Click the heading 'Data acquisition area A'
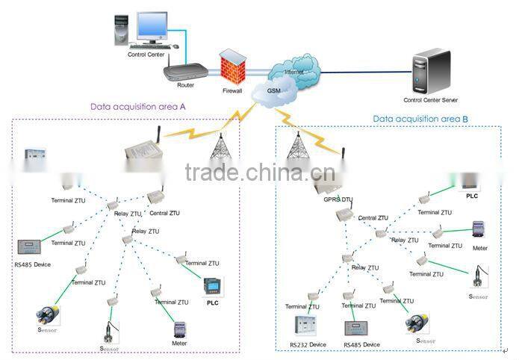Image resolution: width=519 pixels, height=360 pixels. (x=138, y=106)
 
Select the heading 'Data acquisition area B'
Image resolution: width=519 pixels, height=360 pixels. (x=421, y=118)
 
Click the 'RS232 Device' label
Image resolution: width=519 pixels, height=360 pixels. (x=308, y=344)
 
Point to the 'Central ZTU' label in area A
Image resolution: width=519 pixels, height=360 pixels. (x=165, y=213)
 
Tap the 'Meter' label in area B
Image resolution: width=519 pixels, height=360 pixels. (x=480, y=246)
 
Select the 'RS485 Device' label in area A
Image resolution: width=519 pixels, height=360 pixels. (x=32, y=265)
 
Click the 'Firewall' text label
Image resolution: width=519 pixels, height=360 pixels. (x=233, y=91)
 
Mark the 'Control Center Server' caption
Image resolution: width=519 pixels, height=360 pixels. (x=431, y=99)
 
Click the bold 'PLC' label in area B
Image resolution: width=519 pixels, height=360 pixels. (x=471, y=196)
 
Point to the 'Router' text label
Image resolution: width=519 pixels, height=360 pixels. (x=185, y=85)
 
